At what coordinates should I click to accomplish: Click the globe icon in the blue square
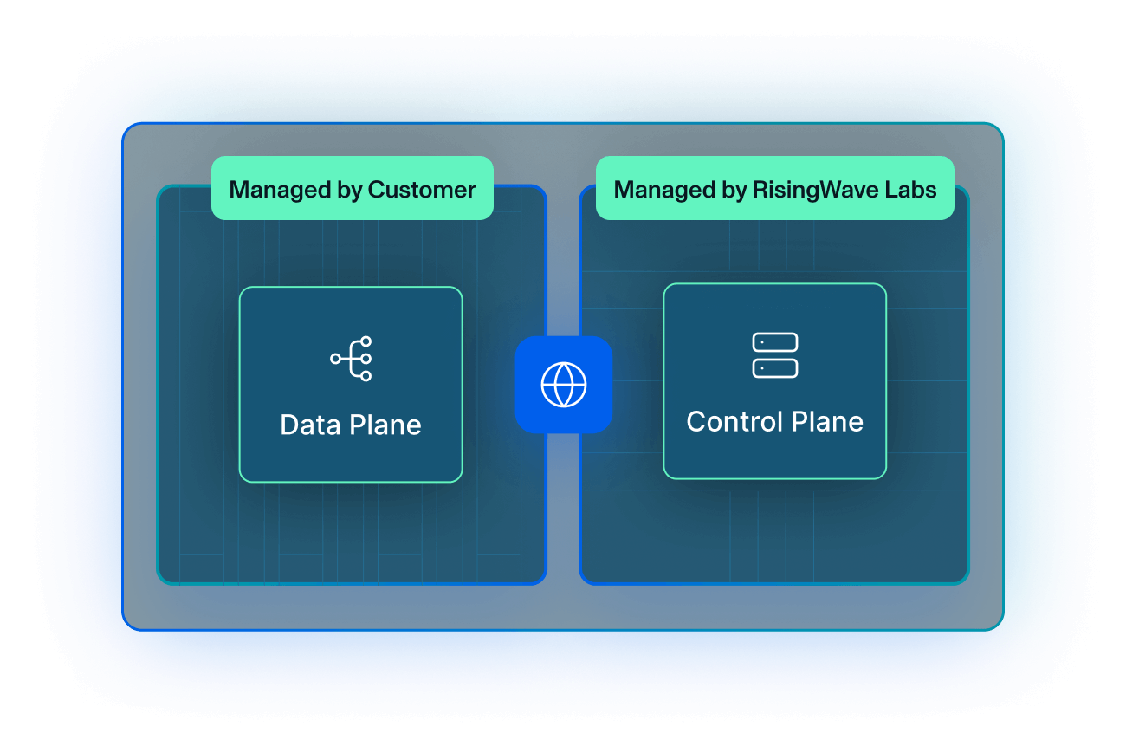[563, 384]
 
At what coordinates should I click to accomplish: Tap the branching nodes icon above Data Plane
[352, 358]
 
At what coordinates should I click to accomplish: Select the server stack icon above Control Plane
[774, 355]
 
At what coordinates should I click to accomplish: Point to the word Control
[732, 422]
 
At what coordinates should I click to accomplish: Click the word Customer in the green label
[422, 190]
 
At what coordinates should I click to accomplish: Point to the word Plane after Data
[385, 425]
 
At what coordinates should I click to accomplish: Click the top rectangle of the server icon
[774, 343]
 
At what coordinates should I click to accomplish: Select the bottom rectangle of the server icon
[774, 367]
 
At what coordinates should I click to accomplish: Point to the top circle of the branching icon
[366, 341]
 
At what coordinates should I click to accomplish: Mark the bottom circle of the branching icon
[366, 375]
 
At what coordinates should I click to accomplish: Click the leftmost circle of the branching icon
[335, 358]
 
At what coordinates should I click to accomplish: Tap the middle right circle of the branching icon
[366, 358]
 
